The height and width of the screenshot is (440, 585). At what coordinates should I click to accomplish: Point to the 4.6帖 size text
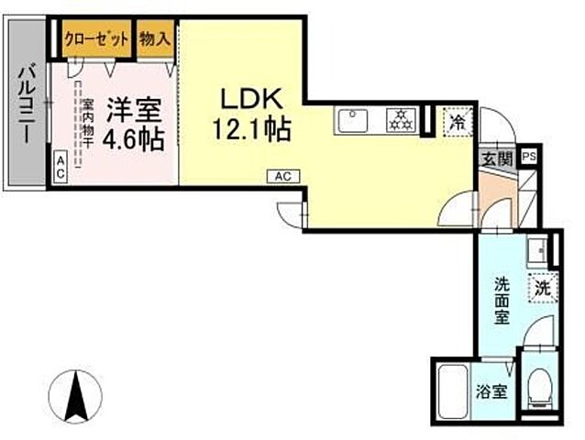[132, 139]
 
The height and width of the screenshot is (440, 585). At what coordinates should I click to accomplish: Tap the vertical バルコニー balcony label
[27, 101]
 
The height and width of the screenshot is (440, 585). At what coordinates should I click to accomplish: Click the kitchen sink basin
[354, 119]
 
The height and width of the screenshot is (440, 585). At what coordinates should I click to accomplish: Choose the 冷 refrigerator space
[456, 120]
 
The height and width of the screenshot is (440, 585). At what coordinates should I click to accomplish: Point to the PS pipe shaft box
[529, 157]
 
